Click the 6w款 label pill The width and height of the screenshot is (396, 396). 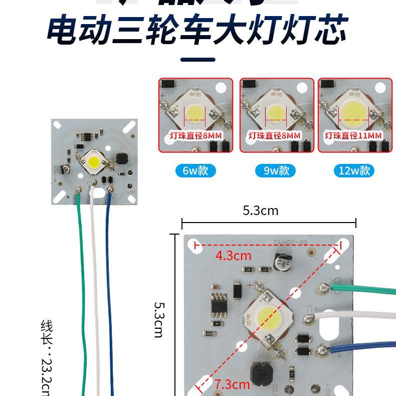(x=195, y=170)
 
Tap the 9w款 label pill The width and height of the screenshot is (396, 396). (x=276, y=170)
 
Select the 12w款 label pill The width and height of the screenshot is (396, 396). (x=354, y=170)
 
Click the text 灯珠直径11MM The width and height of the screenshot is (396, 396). (x=353, y=136)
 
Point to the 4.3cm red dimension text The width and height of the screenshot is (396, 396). (x=233, y=255)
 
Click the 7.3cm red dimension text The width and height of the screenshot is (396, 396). (x=232, y=384)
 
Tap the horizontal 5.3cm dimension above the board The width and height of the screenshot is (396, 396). (x=260, y=211)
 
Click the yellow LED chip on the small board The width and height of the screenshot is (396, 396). (x=94, y=161)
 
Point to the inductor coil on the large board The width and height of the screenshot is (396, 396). (x=260, y=375)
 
